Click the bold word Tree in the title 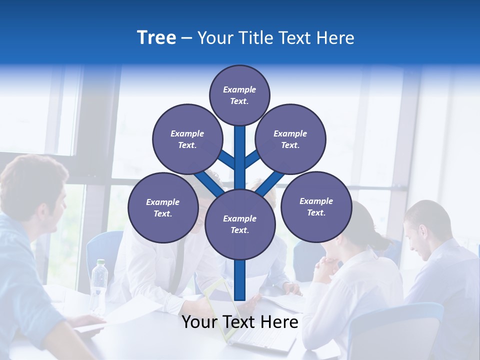(156, 38)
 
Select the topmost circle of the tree (239, 95)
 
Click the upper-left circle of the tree (187, 139)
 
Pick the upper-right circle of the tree (290, 139)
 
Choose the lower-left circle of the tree (163, 207)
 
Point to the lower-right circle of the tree (316, 206)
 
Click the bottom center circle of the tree (240, 224)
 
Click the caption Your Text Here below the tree (240, 322)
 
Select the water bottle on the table (99, 285)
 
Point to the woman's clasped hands (325, 267)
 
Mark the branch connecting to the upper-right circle (252, 159)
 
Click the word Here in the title (336, 38)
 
